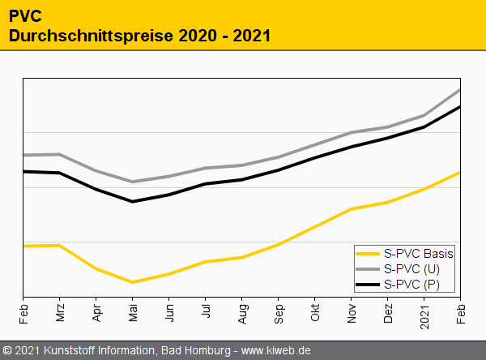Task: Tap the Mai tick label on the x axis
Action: [133, 311]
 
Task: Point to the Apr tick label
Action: [96, 311]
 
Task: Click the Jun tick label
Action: [169, 311]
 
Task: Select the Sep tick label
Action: [279, 311]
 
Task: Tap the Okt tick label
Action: [315, 311]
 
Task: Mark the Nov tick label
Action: [352, 311]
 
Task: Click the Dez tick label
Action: [388, 311]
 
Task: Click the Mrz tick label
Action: [60, 311]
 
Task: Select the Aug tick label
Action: [242, 311]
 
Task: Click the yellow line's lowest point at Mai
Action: [133, 282]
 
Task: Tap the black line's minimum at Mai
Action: [133, 201]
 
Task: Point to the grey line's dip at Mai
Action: [133, 182]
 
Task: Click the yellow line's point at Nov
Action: [352, 208]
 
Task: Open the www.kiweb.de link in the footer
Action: [276, 351]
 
